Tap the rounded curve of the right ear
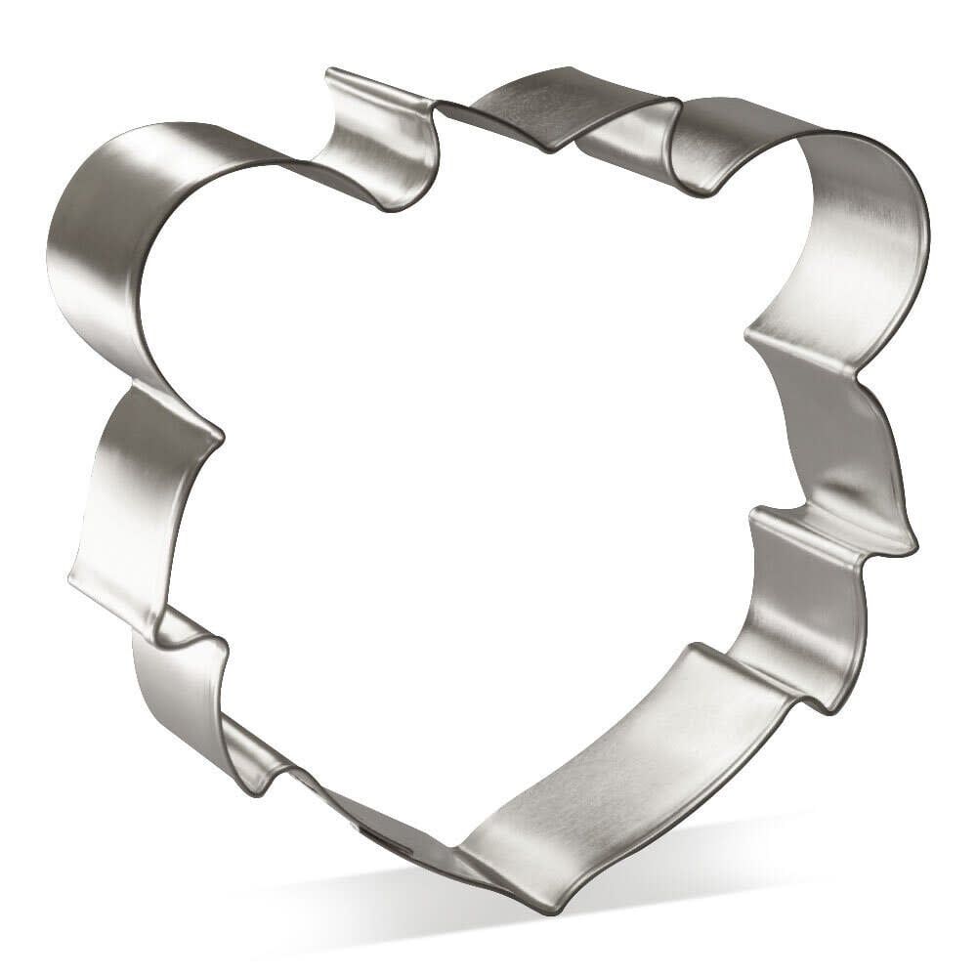click(x=879, y=225)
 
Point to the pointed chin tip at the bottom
click(x=547, y=904)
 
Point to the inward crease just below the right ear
click(x=757, y=337)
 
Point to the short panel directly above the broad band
click(x=791, y=606)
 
